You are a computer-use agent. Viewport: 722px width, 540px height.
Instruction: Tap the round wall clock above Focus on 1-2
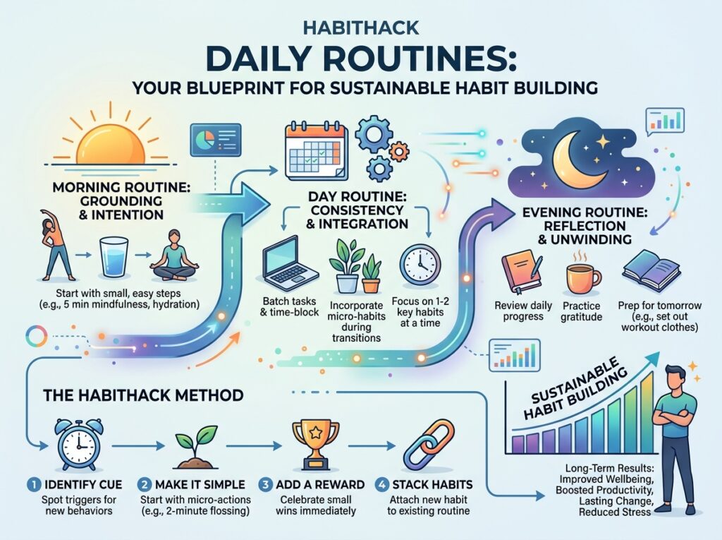click(x=420, y=265)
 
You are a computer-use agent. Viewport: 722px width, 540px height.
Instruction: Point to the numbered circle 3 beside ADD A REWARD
click(x=265, y=485)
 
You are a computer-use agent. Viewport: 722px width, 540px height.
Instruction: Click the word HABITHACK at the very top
click(x=361, y=28)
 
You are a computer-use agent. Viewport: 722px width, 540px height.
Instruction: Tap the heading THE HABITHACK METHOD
click(x=143, y=395)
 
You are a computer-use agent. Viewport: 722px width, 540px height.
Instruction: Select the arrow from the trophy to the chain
click(x=371, y=446)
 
